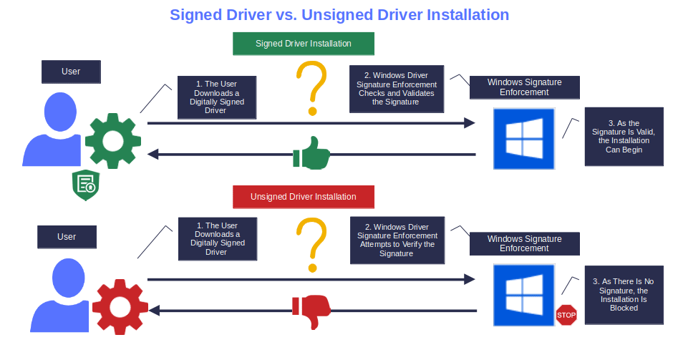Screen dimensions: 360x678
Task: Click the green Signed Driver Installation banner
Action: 304,44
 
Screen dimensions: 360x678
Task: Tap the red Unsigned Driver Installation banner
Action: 304,196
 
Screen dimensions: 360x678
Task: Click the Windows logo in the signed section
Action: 524,139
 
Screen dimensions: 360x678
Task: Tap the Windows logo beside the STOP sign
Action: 524,294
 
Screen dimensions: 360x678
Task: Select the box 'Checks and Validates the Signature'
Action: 396,89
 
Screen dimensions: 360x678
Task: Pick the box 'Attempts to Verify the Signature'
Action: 397,240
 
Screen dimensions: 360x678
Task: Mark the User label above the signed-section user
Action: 71,72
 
